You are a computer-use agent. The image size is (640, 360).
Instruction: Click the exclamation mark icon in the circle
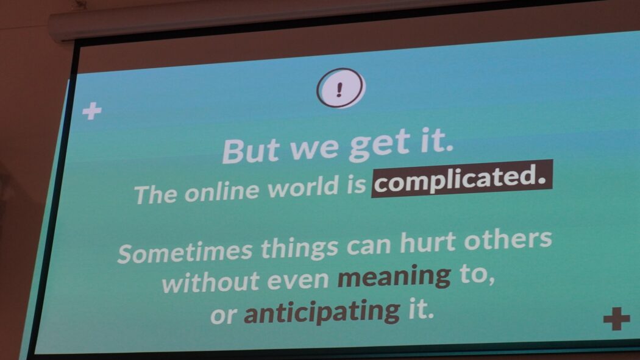(x=340, y=88)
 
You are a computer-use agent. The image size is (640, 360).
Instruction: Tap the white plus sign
(x=92, y=111)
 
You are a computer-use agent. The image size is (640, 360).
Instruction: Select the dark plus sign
(x=617, y=319)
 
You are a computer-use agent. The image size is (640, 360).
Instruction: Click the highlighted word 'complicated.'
(x=461, y=178)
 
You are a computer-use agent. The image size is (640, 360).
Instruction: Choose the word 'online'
(x=222, y=190)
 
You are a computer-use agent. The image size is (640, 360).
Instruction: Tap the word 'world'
(x=302, y=187)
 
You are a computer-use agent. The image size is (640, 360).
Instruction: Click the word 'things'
(x=300, y=247)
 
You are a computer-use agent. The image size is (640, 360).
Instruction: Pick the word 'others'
(x=508, y=239)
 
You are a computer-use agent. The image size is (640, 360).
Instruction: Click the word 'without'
(x=211, y=281)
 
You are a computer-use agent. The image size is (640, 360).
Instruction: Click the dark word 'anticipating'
(x=322, y=312)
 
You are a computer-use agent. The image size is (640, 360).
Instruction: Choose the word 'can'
(x=369, y=245)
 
